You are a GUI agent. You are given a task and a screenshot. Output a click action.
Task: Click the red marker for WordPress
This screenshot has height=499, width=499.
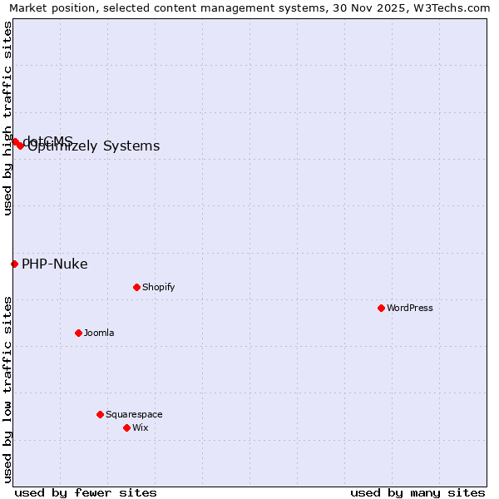click(381, 308)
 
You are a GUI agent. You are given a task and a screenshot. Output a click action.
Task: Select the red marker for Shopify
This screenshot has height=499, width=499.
click(136, 287)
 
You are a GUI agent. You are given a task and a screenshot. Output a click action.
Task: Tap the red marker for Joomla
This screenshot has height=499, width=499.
click(78, 333)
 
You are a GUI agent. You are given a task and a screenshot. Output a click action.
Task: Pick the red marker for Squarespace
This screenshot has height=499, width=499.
click(100, 414)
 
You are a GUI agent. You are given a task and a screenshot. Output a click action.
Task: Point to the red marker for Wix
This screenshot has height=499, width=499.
click(126, 427)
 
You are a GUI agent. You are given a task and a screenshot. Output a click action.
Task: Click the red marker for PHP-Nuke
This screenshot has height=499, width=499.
click(14, 264)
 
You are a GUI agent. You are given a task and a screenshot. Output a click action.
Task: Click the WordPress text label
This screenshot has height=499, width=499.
click(409, 308)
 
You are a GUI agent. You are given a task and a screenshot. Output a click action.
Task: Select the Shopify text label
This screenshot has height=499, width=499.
click(158, 287)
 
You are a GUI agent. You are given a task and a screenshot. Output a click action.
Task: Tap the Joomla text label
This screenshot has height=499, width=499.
click(99, 333)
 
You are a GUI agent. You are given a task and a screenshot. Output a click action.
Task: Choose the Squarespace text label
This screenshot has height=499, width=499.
click(134, 414)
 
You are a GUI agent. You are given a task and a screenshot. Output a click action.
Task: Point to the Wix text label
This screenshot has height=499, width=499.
click(140, 427)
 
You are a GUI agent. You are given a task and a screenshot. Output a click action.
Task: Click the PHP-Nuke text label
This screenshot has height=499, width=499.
click(54, 264)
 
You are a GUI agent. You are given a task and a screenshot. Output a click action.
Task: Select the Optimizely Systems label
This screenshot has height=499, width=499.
click(93, 146)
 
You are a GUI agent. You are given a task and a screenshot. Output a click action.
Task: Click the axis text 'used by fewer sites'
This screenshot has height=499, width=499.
click(86, 492)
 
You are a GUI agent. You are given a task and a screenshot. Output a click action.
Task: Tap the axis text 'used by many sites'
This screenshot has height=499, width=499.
click(417, 492)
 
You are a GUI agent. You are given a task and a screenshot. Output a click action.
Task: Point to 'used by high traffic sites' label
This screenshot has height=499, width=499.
click(7, 118)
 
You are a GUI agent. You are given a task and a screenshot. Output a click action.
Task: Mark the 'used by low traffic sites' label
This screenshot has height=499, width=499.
click(7, 388)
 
